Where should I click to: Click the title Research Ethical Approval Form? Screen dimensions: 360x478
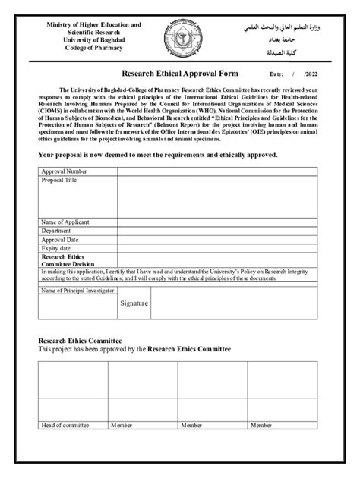pos(181,74)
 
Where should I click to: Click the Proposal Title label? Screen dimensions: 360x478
pos(58,181)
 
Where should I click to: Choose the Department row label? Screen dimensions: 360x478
pos(56,231)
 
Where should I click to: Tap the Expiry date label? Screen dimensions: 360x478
pos(56,247)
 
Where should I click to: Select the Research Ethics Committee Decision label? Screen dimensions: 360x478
pos(68,260)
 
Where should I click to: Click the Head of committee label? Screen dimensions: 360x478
pos(65,426)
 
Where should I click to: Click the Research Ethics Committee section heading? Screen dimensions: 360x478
pos(80,341)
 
